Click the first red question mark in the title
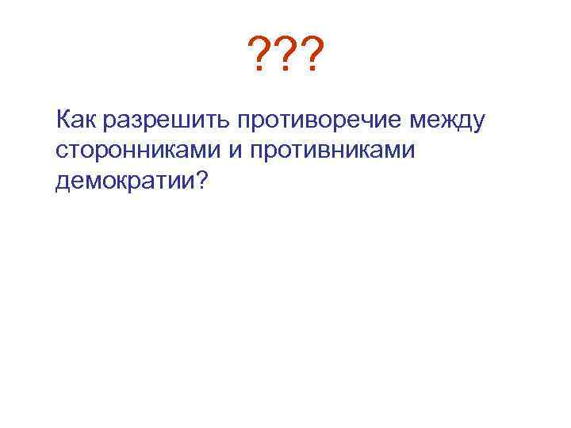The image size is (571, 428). (259, 56)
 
